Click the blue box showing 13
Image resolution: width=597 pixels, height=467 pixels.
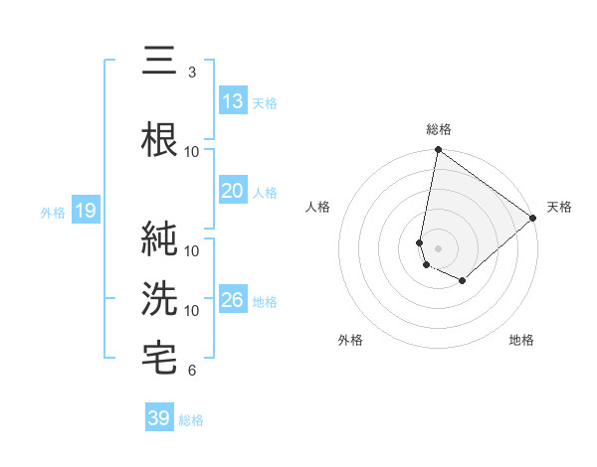[x=233, y=101]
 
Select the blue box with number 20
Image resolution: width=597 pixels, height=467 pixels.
[x=233, y=191]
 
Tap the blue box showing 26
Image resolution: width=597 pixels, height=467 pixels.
[x=233, y=300]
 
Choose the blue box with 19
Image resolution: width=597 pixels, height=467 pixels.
[x=85, y=211]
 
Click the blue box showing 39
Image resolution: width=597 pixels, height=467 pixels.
[x=159, y=418]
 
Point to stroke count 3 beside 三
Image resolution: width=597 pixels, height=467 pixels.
[x=191, y=73]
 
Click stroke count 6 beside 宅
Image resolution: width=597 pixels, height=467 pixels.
[x=191, y=371]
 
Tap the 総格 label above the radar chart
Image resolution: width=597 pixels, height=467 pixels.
[x=438, y=129]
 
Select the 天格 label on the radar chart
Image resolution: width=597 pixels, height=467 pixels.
[x=559, y=207]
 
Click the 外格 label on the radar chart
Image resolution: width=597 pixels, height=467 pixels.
[x=350, y=340]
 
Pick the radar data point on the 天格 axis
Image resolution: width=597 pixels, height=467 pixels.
[x=533, y=219]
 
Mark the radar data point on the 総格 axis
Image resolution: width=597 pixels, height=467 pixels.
[x=438, y=151]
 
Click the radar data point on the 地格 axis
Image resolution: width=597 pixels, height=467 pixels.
[x=463, y=281]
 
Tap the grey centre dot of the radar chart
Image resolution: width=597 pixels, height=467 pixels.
[x=438, y=247]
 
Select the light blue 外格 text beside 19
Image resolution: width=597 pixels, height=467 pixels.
[x=52, y=212]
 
